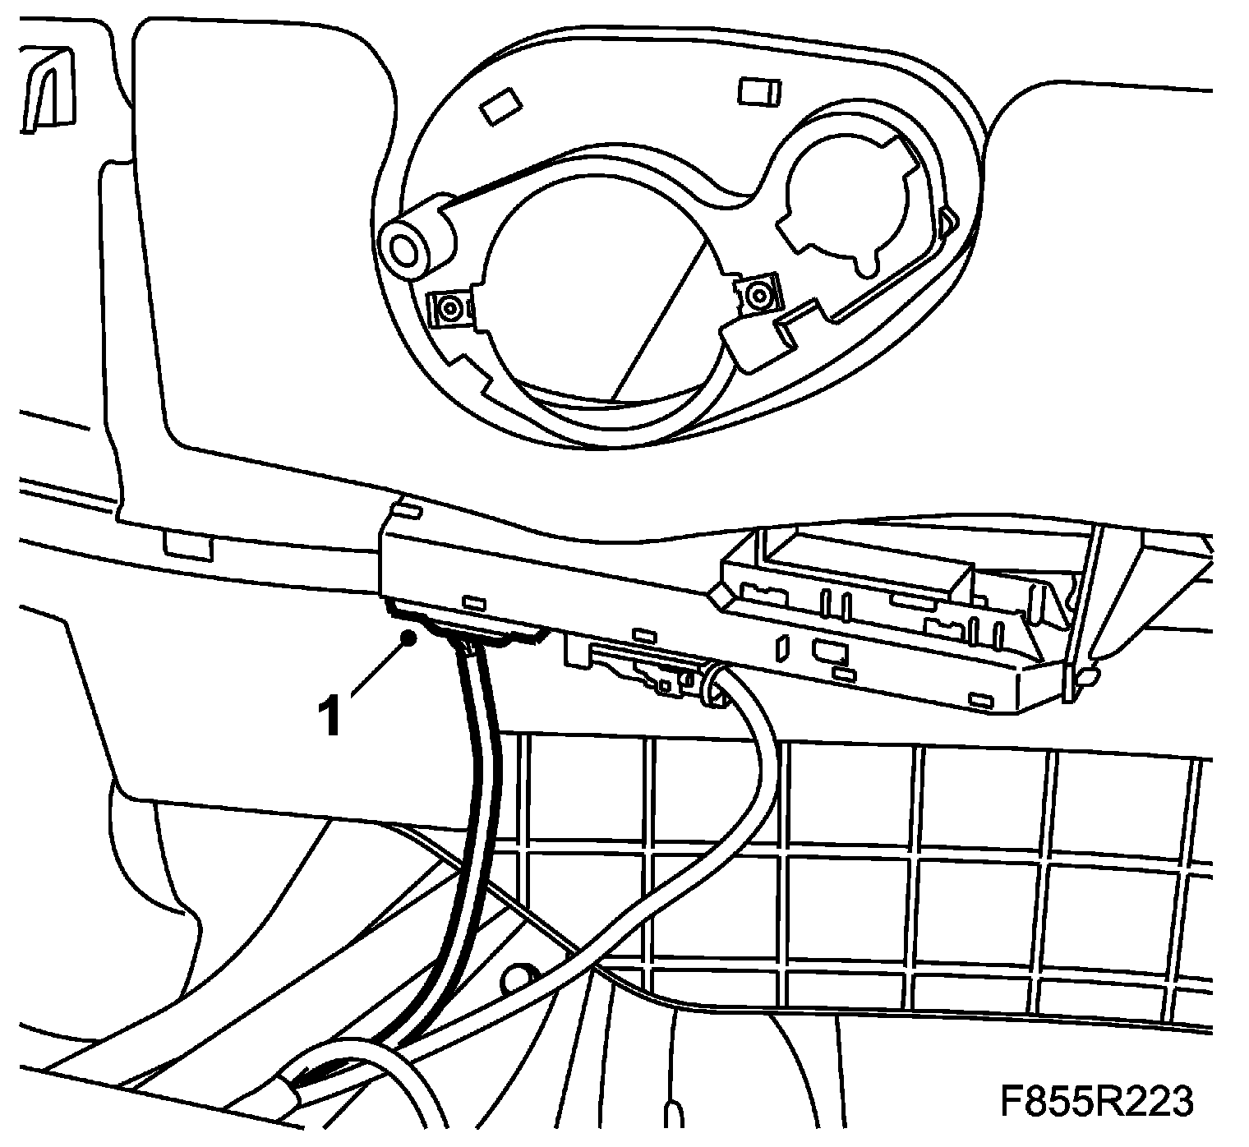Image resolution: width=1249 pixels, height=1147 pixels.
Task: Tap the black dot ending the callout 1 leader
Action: (x=408, y=637)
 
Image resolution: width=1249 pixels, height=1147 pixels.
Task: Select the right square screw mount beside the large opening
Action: (x=758, y=291)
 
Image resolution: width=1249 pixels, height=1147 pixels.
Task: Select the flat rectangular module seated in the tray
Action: (x=863, y=571)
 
